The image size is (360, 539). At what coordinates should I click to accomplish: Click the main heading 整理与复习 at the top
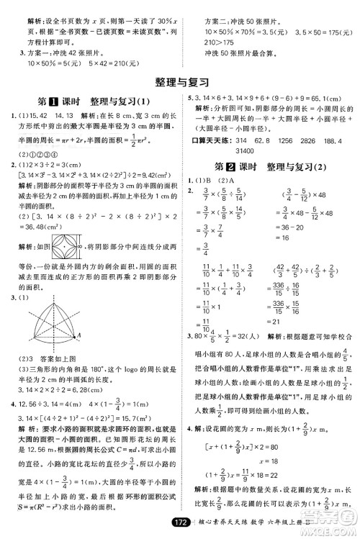tap(179, 80)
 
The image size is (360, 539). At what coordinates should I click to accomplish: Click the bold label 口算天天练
tap(210, 142)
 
